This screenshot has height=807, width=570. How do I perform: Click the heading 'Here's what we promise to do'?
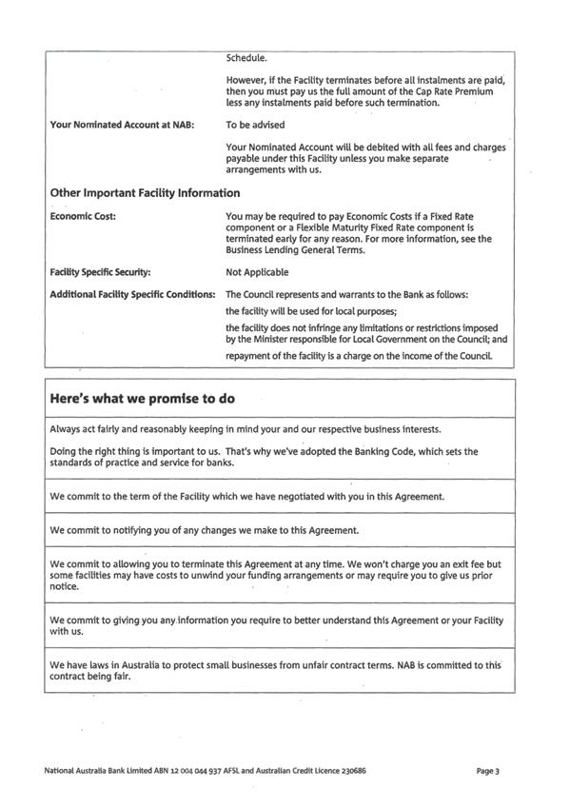coord(142,399)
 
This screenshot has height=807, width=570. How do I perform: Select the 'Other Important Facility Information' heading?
coord(145,193)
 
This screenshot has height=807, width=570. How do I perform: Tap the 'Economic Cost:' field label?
coord(83,216)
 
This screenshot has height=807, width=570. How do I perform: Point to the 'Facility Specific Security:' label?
coord(100,272)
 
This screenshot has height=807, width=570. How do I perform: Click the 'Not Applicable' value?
coord(257,272)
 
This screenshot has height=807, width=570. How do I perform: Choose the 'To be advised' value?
coord(255,125)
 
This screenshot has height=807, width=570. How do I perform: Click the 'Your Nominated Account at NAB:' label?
coord(122,125)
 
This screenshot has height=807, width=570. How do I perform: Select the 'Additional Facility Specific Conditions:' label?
coord(132,294)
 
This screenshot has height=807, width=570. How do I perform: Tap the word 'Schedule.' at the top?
coord(248,57)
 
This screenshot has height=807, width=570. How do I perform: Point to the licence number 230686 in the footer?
coord(349,770)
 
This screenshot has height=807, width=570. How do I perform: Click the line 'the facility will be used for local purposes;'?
coord(309,311)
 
